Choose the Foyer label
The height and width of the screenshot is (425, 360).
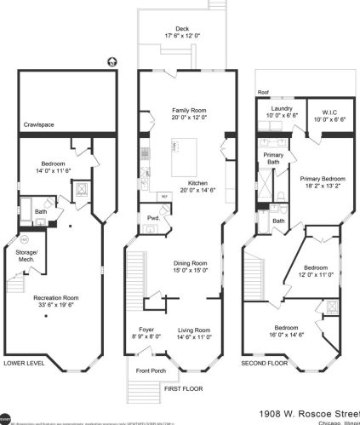pos(146,330)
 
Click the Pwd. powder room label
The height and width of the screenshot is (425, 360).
pos(153,217)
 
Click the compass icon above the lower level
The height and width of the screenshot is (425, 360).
pos(109,61)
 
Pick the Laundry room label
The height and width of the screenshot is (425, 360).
pos(282,109)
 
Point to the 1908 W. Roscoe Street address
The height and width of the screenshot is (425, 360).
pos(308,411)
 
